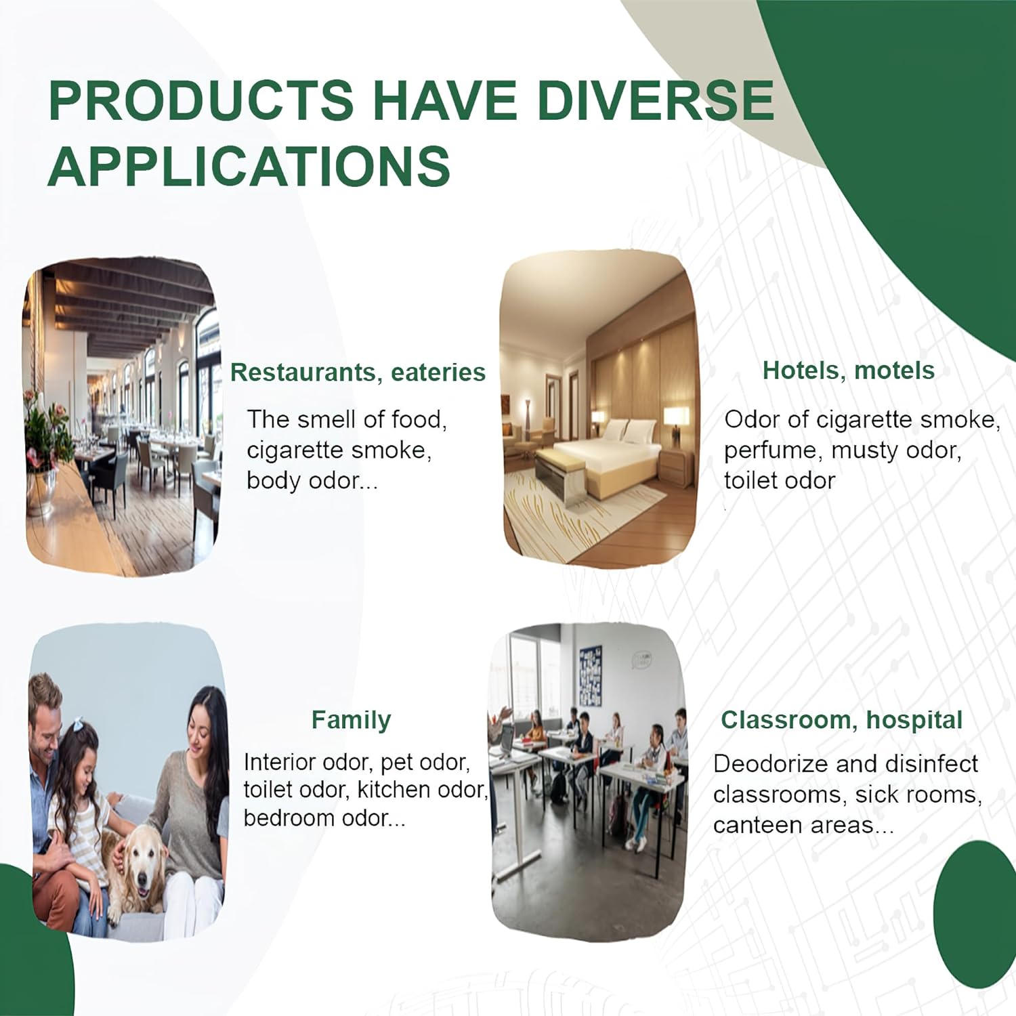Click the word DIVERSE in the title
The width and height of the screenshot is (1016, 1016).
655,100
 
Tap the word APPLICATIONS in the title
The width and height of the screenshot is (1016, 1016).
249,166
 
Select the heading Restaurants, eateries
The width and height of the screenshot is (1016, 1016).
358,373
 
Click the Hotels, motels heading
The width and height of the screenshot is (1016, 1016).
848,371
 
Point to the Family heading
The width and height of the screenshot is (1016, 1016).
351,720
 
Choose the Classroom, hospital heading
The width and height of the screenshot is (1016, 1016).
841,720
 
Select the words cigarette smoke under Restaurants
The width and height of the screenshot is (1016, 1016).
339,450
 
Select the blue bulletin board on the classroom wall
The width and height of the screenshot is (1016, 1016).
590,676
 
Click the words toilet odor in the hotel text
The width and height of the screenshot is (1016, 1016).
779,481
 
